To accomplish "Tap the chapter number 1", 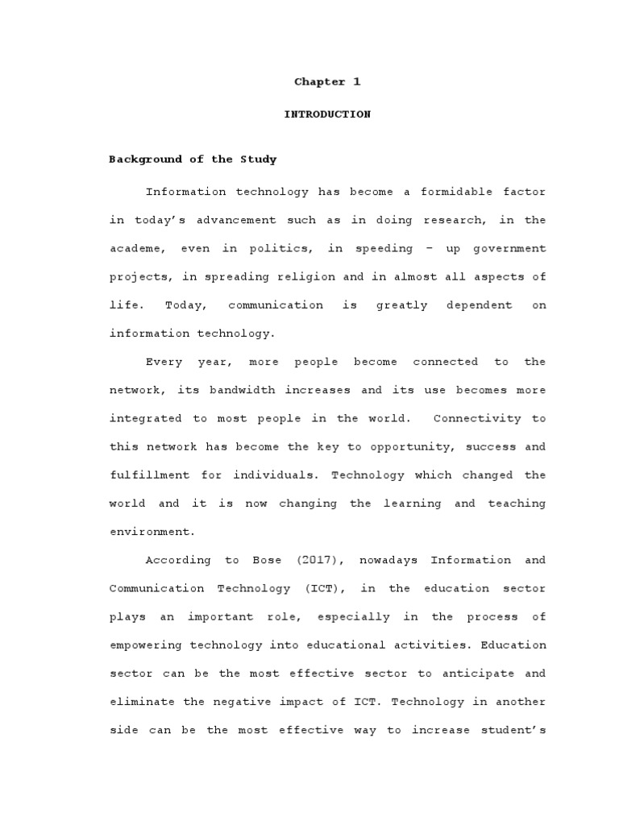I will pos(356,82).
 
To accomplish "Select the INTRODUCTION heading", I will pos(326,114).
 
